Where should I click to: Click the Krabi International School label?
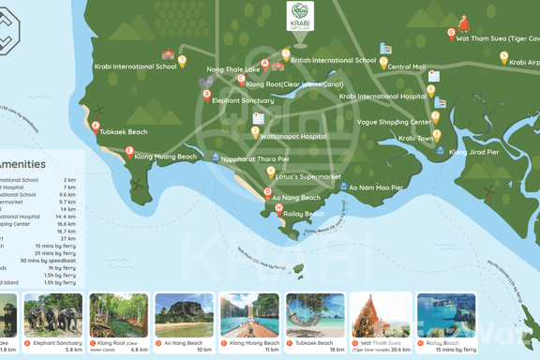click(135, 67)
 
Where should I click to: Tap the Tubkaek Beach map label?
click(124, 132)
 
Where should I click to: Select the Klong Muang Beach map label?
click(165, 157)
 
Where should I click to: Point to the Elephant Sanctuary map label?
click(243, 100)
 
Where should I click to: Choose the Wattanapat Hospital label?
click(292, 136)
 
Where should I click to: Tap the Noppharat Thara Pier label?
click(256, 159)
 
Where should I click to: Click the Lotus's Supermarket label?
click(309, 176)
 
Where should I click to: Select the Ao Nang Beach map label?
click(296, 198)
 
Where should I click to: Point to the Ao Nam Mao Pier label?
click(376, 187)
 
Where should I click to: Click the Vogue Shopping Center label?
click(394, 122)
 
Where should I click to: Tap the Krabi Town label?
click(416, 138)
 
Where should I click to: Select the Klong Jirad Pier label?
click(473, 152)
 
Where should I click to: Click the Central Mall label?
click(406, 67)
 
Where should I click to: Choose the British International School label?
click(333, 61)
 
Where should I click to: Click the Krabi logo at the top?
click(300, 16)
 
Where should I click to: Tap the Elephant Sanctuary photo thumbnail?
click(53, 315)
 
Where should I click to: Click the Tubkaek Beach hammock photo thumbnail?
click(315, 315)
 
